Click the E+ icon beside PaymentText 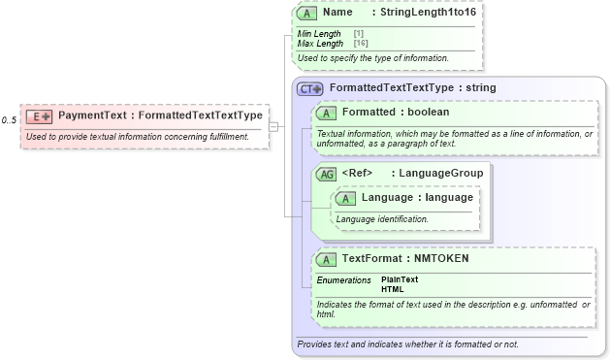coord(40,116)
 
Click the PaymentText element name coord(93,115)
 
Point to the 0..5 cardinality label coord(9,119)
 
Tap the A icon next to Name coord(307,14)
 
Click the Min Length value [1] coord(359,34)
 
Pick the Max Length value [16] coord(361,44)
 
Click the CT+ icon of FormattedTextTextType coord(310,88)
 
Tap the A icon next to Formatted coord(327,113)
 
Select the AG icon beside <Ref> coord(327,174)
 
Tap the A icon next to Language coord(346,198)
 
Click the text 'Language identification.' coord(382,219)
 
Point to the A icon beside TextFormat coord(327,259)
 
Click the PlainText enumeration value coord(400,279)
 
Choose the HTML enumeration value coord(393,289)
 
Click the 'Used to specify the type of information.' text coord(372,58)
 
